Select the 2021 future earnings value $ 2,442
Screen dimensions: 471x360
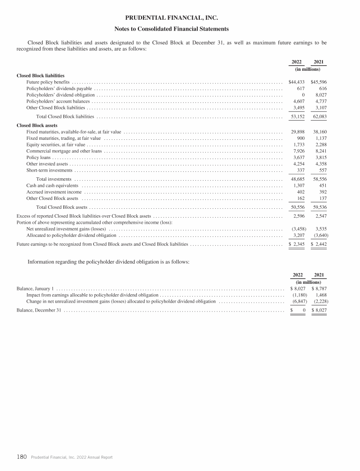(x=319, y=244)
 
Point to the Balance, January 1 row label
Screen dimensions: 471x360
(x=36, y=289)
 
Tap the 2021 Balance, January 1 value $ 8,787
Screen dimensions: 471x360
(x=319, y=289)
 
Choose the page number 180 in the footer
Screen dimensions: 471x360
(x=22, y=457)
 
